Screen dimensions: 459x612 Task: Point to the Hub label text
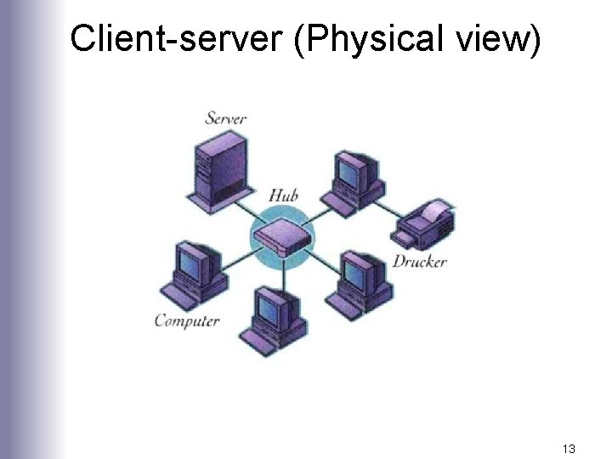point(283,195)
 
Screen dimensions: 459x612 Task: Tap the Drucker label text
point(419,261)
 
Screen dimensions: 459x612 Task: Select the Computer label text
point(187,320)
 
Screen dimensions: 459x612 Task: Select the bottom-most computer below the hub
point(275,319)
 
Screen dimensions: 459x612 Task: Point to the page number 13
point(569,447)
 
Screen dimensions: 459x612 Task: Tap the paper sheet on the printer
point(434,209)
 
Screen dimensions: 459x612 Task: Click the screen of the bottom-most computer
point(271,309)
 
